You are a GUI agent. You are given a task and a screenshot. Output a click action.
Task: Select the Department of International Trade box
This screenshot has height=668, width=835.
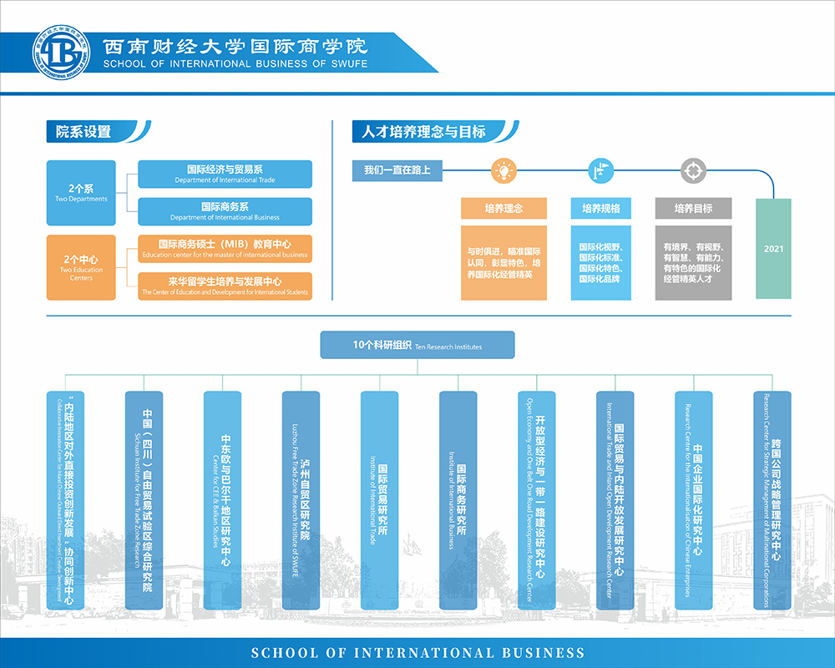click(x=225, y=174)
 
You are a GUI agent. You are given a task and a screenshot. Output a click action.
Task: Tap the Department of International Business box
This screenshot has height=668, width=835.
click(x=225, y=211)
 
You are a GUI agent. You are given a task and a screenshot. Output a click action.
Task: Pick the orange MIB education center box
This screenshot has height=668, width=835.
click(x=225, y=249)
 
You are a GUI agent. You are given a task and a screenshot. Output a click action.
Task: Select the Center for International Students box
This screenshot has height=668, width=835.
click(x=225, y=286)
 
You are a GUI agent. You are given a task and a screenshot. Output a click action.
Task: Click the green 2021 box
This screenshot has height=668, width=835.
click(x=773, y=248)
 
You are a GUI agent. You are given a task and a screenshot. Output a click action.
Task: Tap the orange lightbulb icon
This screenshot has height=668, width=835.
click(x=504, y=171)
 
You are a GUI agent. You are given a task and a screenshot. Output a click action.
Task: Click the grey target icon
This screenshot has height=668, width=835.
click(x=692, y=171)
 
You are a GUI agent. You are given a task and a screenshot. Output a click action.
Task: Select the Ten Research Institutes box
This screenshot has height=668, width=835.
click(x=417, y=345)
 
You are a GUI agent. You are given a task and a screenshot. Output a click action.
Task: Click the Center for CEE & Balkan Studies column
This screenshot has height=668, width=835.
click(x=222, y=499)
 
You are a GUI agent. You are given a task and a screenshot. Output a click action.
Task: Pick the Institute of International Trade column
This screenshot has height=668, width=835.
click(x=379, y=499)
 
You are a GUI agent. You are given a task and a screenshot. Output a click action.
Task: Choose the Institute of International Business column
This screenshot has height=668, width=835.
click(x=458, y=499)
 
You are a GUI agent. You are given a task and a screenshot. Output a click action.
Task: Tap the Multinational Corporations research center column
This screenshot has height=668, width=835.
click(x=772, y=499)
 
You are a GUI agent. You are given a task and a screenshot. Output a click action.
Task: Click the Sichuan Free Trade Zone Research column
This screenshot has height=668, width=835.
click(x=144, y=499)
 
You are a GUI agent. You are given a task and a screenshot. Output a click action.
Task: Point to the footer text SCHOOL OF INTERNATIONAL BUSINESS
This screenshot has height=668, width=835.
click(x=417, y=653)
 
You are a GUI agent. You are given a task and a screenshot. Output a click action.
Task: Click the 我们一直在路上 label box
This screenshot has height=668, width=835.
click(x=397, y=170)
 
